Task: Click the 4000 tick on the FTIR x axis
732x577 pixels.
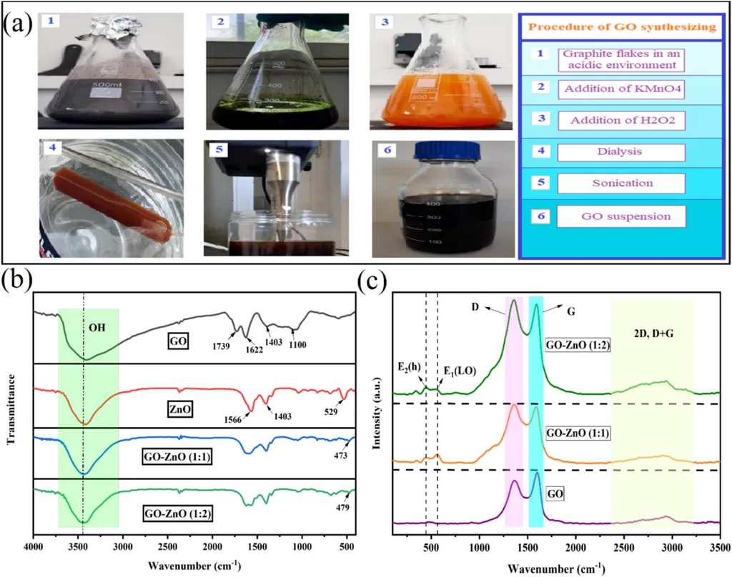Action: coord(34,547)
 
